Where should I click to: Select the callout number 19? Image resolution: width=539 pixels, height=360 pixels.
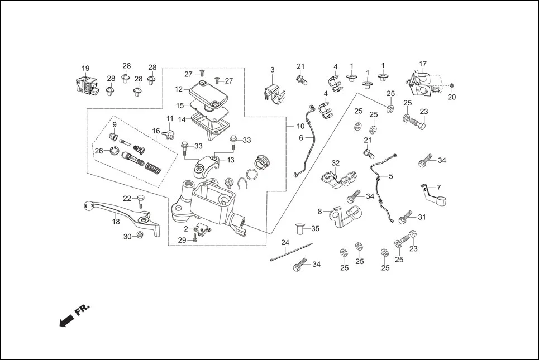tap(85, 69)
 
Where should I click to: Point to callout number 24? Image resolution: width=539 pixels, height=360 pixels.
tap(285, 243)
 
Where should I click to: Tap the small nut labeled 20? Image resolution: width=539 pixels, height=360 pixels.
tap(451, 86)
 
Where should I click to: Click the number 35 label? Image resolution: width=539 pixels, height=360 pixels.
tap(315, 228)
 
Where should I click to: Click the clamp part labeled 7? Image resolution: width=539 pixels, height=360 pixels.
tap(433, 195)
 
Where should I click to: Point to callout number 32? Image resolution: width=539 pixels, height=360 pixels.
tap(335, 163)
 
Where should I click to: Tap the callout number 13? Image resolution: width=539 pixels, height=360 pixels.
tap(230, 160)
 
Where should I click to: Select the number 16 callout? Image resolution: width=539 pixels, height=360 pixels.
tap(156, 131)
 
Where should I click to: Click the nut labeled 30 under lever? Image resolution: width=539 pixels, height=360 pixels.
tap(140, 237)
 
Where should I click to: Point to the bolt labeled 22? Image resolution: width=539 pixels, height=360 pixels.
tap(140, 199)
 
